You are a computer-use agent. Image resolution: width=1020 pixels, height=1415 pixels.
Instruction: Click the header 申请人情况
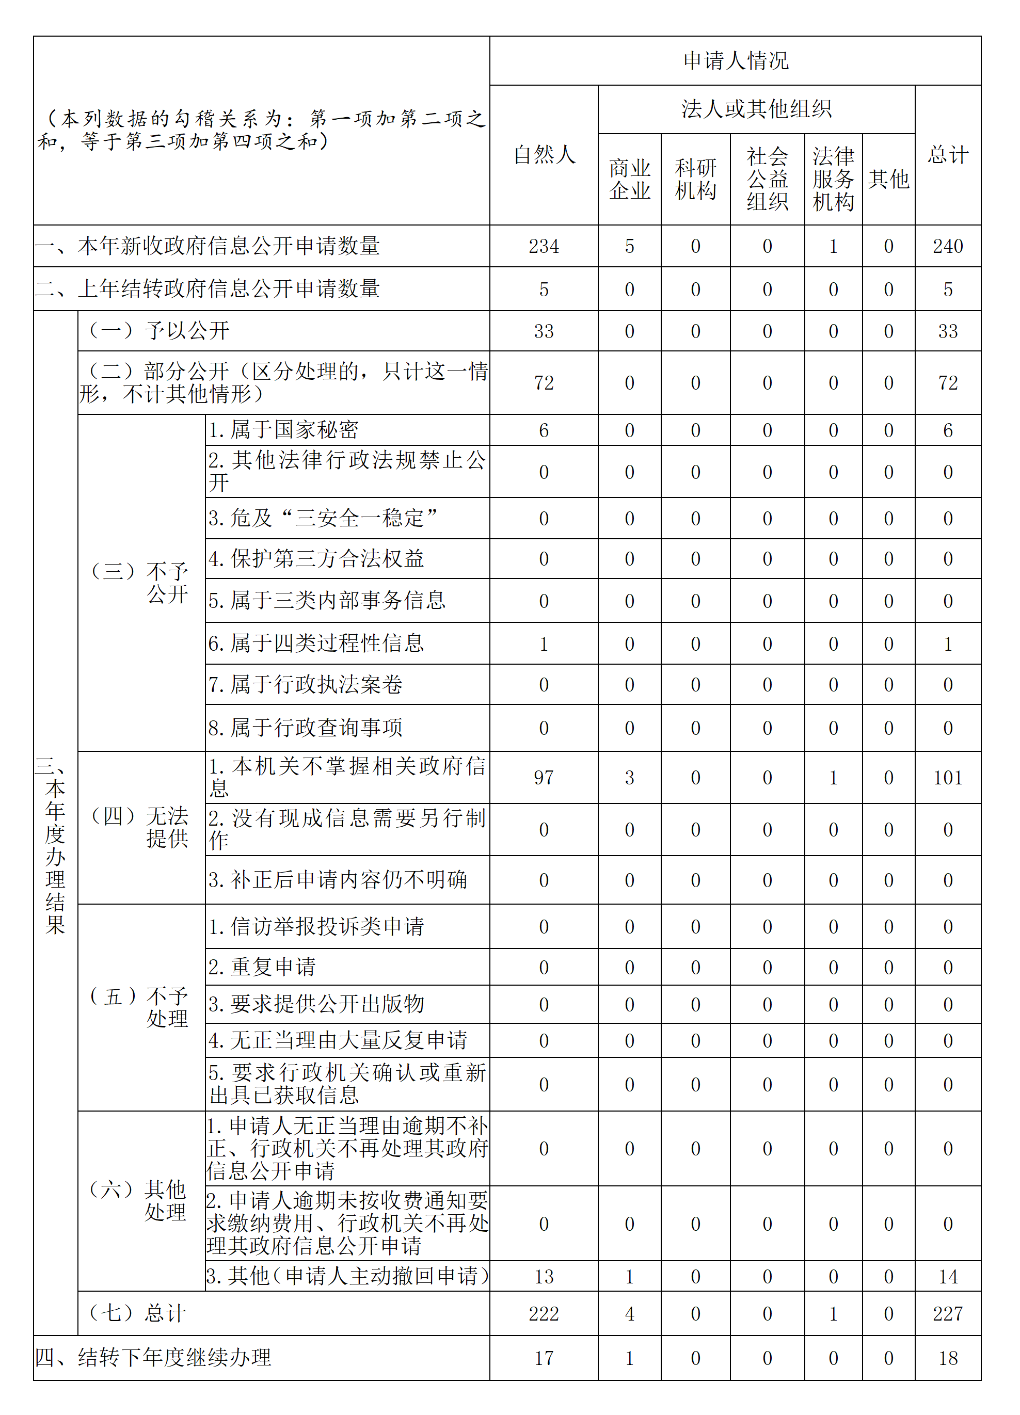[736, 60]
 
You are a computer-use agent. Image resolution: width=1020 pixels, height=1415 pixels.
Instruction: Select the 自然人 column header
[544, 155]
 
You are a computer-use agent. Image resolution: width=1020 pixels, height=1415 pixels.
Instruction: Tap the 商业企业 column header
[629, 179]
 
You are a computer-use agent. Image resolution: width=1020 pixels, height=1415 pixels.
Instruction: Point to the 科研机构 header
[695, 179]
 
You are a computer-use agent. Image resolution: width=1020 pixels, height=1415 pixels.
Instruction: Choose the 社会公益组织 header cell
[767, 179]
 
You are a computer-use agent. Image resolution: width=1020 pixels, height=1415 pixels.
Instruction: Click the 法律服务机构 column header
[833, 179]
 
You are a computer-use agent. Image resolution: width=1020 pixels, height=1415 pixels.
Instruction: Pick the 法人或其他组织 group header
[756, 109]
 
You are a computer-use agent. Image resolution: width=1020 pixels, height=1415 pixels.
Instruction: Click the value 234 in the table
[544, 247]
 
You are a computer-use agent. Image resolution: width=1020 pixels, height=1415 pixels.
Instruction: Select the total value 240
[948, 247]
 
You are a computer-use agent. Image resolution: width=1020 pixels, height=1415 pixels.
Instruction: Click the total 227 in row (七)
[948, 1313]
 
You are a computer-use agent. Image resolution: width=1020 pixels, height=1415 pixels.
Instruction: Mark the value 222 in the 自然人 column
[544, 1313]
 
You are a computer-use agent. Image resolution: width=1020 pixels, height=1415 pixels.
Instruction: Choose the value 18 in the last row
[948, 1358]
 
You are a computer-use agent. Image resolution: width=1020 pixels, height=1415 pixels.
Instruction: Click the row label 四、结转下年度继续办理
[153, 1358]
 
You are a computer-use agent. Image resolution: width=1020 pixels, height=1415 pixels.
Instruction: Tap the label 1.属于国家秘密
[283, 430]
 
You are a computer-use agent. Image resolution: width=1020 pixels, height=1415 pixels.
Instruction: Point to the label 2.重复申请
[262, 967]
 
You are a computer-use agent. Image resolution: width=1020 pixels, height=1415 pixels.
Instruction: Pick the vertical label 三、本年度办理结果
[55, 845]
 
